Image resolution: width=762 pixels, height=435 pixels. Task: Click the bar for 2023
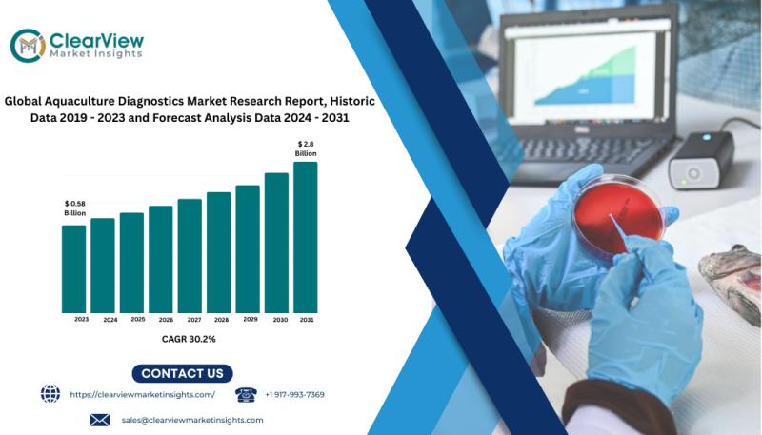[x=74, y=269]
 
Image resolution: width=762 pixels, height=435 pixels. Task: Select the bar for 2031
[x=306, y=237]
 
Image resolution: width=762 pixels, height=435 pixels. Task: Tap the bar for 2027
[x=190, y=256]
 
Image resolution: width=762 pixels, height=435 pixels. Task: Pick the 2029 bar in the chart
[x=248, y=249]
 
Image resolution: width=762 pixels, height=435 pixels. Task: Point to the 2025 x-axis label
[x=138, y=320]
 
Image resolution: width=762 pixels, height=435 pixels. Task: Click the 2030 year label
[x=280, y=320]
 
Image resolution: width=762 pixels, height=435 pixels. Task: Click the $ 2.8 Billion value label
[x=306, y=148]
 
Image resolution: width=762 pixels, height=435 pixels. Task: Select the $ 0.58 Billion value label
[x=75, y=208]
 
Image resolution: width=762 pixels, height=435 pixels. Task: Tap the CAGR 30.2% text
[x=189, y=339]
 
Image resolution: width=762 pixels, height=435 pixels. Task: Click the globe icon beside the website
[x=50, y=394]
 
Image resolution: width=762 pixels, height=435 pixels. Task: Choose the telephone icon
[x=246, y=395]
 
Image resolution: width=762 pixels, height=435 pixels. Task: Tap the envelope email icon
[x=100, y=420]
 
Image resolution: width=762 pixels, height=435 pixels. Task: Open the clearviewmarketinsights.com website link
[x=142, y=395]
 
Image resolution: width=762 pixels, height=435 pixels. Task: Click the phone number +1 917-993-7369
[x=294, y=395]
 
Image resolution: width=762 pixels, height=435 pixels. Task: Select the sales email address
[x=192, y=420]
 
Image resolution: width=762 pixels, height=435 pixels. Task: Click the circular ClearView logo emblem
[x=28, y=46]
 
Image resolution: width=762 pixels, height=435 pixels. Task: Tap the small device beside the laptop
[x=701, y=160]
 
